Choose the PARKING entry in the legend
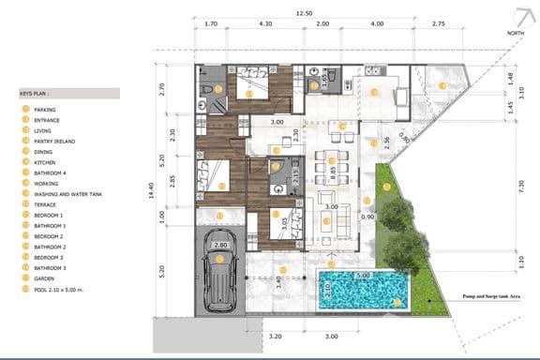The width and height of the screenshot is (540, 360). click(x=44, y=110)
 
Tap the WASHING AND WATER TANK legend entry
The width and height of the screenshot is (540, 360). click(x=67, y=194)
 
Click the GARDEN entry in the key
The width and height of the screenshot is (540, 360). click(x=43, y=279)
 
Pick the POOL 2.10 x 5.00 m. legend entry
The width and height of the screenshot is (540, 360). click(x=59, y=290)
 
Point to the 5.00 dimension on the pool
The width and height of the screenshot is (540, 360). click(x=363, y=276)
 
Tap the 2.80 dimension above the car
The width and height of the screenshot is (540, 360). click(x=220, y=245)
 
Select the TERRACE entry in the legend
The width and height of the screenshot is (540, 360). click(x=44, y=204)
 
